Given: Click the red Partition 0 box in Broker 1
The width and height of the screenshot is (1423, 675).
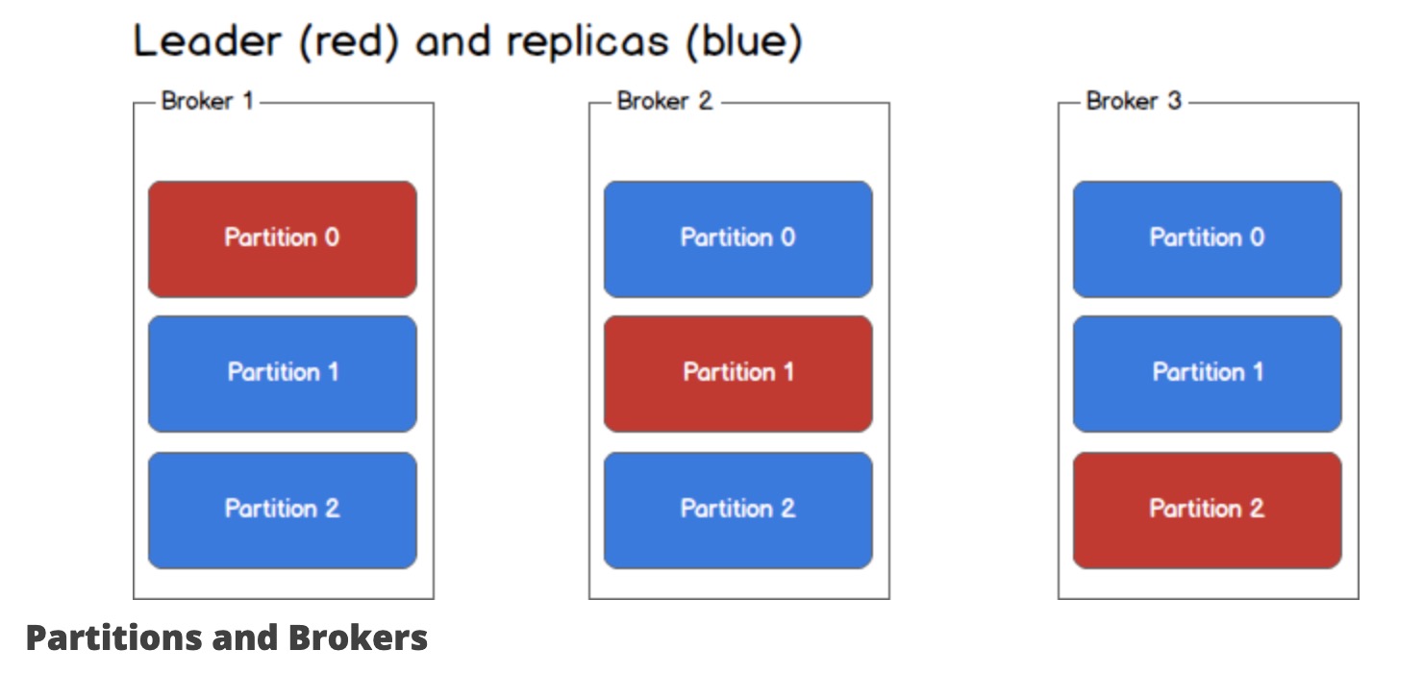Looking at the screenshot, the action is point(283,239).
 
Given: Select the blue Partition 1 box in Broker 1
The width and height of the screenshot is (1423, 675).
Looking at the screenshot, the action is point(283,374).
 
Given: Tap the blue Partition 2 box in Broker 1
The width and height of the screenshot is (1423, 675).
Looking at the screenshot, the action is point(283,511).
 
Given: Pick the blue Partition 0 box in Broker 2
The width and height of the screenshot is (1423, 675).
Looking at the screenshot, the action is point(738,239).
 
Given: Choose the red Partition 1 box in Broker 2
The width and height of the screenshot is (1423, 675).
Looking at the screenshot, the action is point(738,374).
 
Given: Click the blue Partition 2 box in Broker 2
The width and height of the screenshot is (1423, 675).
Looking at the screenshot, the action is point(738,511).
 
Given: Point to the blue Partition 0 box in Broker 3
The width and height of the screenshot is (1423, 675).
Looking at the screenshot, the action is point(1208,239).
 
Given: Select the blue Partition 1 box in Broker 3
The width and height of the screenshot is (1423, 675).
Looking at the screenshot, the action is point(1208,374).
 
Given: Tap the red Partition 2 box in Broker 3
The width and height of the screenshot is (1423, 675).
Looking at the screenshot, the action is point(1208,511).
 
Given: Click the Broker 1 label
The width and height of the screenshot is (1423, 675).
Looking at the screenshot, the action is point(207,101).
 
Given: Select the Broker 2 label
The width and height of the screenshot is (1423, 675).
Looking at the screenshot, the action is point(664,101).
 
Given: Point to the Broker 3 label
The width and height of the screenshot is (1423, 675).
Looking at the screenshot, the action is point(1134,101).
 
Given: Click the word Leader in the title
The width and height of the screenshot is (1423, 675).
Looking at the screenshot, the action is point(207,41).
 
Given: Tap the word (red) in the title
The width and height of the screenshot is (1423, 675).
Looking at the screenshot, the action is point(349,42).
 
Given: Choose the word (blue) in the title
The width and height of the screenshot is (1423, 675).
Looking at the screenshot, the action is point(744,42).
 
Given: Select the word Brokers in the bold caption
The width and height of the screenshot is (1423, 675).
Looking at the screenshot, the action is point(358,637).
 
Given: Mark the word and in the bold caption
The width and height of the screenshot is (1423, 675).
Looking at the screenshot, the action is point(246,637).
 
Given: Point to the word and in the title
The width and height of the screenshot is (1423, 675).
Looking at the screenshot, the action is point(453,41).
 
